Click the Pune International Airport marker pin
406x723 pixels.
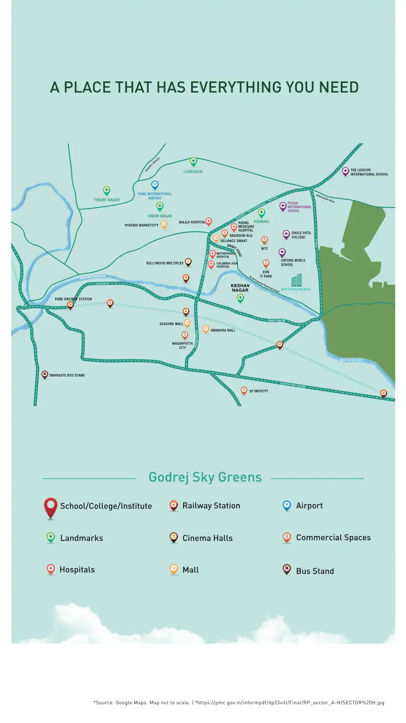click(155, 185)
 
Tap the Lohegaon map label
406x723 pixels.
click(193, 172)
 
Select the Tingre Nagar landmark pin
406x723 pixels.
click(107, 190)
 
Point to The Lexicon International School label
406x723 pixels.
click(369, 172)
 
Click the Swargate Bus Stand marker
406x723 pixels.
click(45, 374)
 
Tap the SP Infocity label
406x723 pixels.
click(258, 391)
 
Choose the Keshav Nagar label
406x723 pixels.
click(240, 288)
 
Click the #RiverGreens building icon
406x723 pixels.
click(296, 280)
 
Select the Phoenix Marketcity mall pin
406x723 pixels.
click(164, 225)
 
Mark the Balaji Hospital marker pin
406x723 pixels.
click(209, 221)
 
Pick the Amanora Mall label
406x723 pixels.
click(223, 331)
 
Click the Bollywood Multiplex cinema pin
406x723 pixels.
click(188, 262)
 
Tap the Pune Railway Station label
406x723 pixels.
click(73, 299)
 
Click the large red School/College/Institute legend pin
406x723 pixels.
click(51, 507)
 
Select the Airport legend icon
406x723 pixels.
click(287, 505)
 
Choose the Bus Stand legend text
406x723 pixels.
click(315, 571)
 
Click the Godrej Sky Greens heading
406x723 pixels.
click(205, 477)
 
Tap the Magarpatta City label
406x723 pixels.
click(182, 346)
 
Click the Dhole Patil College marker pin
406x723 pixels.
click(286, 234)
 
